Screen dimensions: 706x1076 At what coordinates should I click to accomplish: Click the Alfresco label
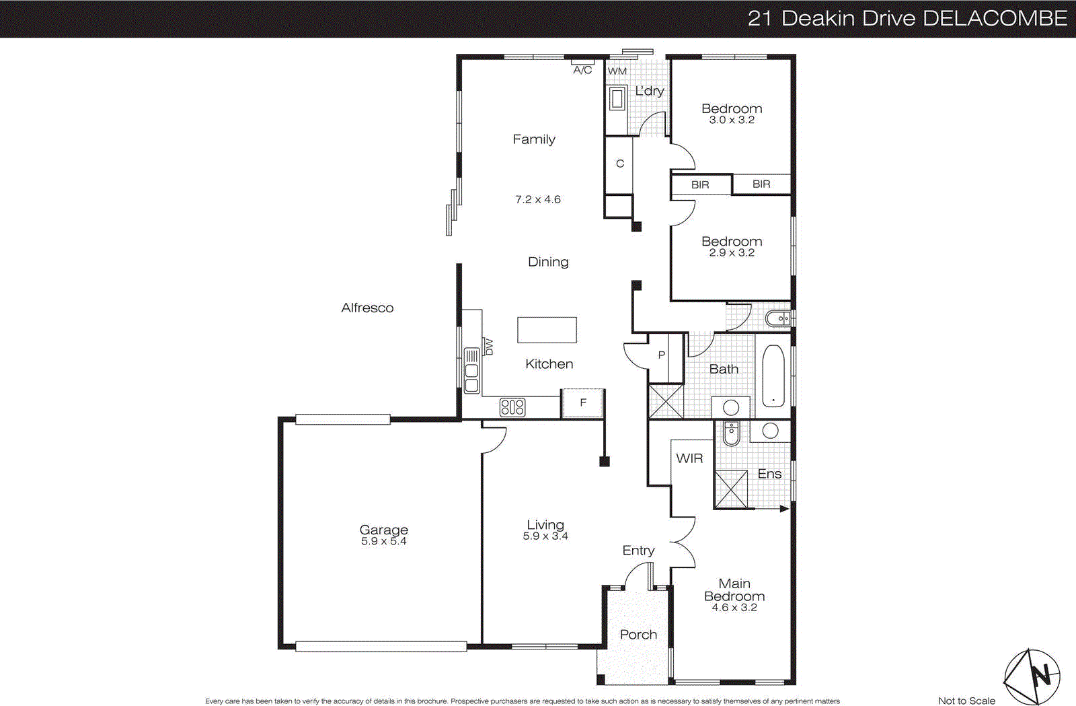[367, 308]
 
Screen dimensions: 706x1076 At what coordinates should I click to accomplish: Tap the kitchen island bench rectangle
[547, 330]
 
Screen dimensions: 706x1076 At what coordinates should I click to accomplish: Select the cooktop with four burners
[512, 407]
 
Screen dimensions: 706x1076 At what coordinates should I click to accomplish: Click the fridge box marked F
[583, 403]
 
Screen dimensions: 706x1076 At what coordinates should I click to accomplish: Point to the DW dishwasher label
[489, 347]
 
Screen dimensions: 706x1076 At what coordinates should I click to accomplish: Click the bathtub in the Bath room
[773, 377]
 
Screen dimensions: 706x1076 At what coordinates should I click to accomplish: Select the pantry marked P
[662, 355]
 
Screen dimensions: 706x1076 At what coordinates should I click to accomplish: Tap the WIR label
[689, 458]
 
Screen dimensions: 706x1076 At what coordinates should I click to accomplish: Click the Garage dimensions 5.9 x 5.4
[383, 541]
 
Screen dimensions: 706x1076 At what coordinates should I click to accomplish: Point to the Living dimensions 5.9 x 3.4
[545, 536]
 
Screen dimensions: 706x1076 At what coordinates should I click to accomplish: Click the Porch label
[638, 635]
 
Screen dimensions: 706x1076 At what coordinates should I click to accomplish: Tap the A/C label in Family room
[582, 70]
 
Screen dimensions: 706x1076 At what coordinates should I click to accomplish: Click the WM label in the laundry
[617, 71]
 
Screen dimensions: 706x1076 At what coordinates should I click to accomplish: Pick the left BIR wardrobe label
[700, 185]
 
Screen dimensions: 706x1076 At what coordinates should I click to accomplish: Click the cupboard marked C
[619, 164]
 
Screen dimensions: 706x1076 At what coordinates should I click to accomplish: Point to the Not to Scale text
[966, 701]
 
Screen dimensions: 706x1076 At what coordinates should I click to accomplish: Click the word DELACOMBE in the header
[995, 18]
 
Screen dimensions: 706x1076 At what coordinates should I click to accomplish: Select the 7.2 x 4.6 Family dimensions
[537, 200]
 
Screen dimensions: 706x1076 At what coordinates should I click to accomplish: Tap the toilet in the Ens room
[731, 434]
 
